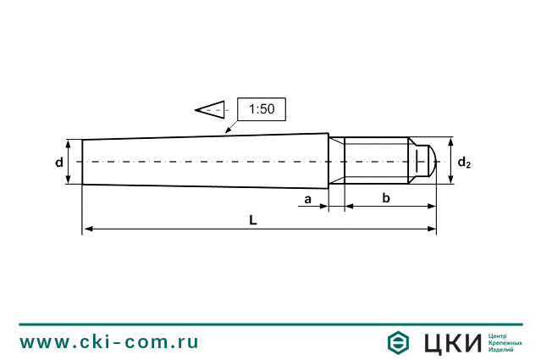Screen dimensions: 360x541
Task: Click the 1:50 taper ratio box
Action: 262,109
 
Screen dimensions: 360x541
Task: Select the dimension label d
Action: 59,161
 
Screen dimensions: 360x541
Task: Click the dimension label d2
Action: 464,162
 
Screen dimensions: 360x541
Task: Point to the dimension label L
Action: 253,219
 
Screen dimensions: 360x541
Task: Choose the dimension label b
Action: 386,198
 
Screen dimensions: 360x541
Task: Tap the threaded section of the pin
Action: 377,160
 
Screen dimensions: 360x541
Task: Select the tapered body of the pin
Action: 203,160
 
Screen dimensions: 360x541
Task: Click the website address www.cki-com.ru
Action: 109,341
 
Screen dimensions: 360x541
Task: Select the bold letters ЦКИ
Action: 450,342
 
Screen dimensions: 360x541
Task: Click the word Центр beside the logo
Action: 500,335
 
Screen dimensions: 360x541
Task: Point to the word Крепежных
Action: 505,342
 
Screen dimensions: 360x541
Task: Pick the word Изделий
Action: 502,350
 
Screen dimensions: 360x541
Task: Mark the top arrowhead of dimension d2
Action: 450,141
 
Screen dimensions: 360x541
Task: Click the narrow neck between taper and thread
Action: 336,160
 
